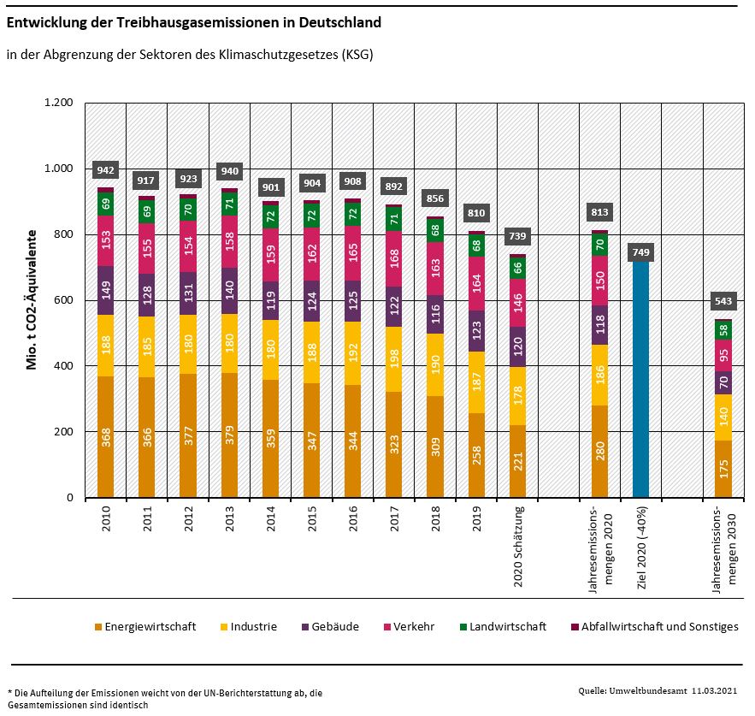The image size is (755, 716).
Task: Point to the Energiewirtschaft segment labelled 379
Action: tap(231, 435)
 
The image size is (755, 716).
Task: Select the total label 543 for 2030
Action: tap(723, 301)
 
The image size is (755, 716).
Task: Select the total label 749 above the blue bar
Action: tap(640, 251)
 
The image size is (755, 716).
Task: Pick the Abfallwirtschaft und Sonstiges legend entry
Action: tap(654, 626)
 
